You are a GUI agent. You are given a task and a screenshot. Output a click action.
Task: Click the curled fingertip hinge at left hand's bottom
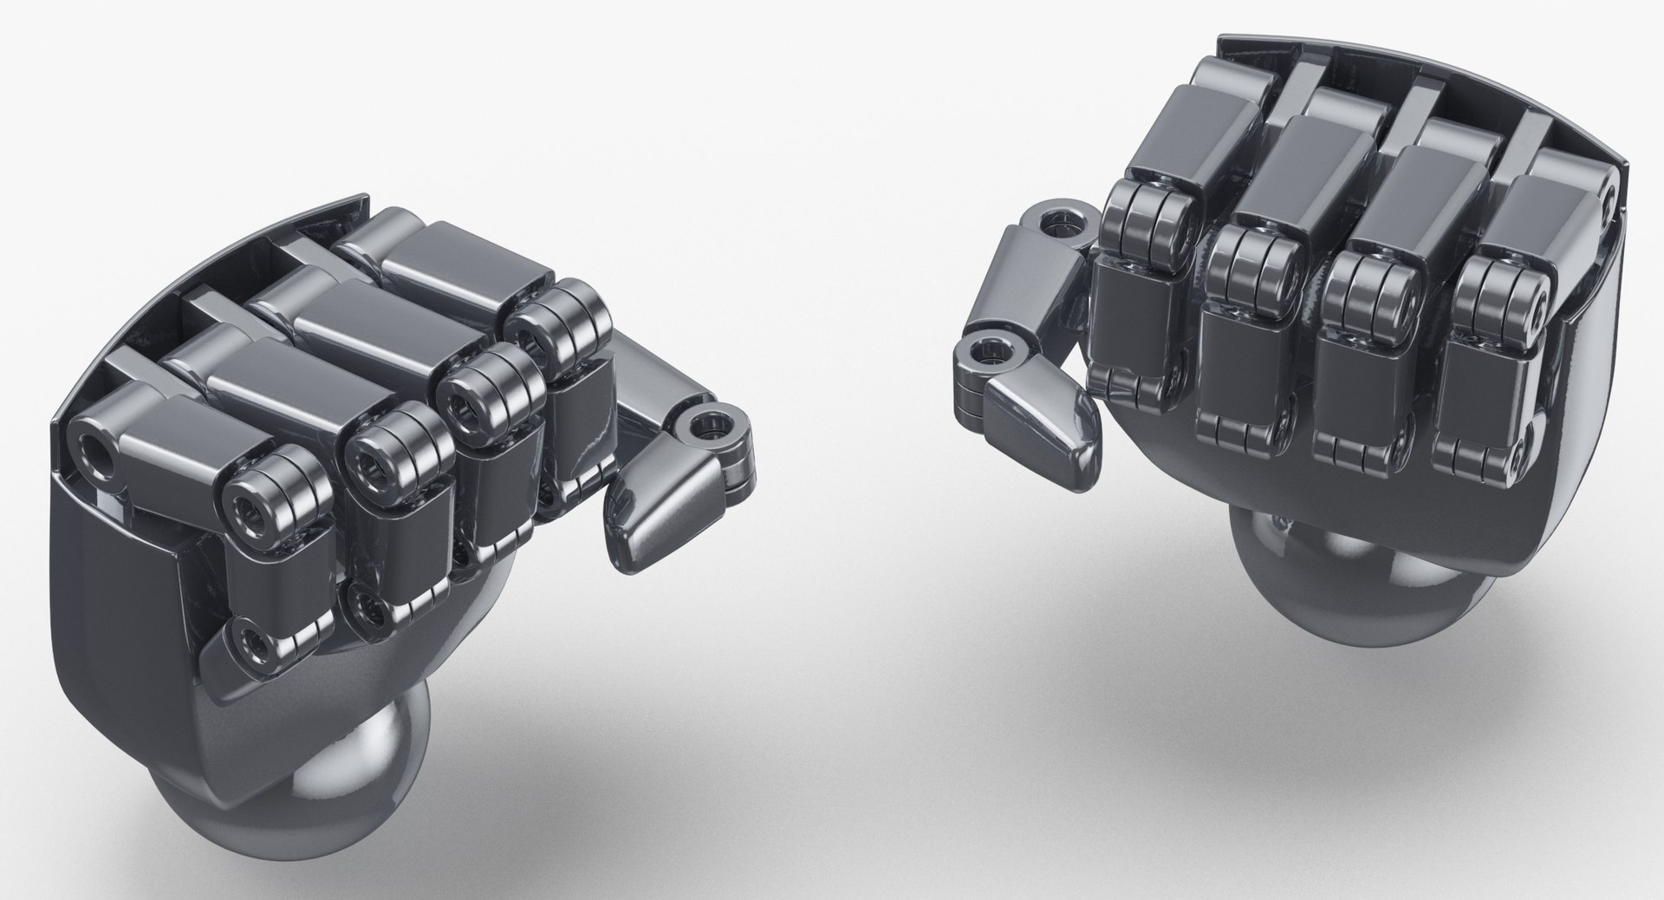(251, 642)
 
